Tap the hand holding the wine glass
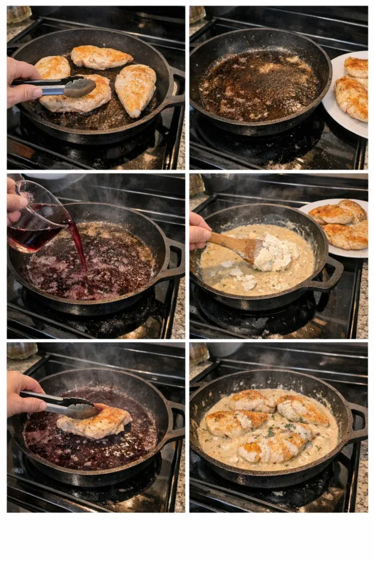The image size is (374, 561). click(15, 200)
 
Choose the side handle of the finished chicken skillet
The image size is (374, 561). click(356, 422)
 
